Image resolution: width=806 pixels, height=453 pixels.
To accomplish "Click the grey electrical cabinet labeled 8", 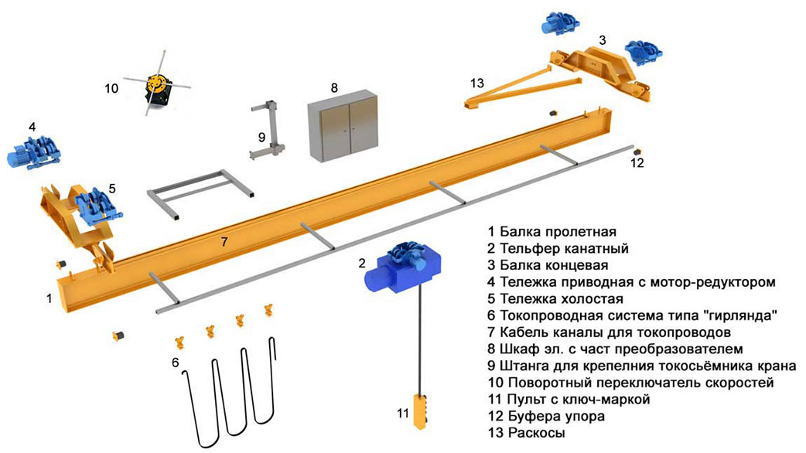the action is (343, 126).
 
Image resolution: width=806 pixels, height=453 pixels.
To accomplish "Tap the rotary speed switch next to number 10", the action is (157, 88).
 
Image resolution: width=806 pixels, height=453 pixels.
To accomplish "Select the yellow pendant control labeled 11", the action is (420, 411).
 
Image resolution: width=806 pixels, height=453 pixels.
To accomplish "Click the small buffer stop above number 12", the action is (637, 152).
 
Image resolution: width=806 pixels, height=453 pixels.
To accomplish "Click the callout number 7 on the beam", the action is (224, 241).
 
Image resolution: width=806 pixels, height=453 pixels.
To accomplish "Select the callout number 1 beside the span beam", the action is (49, 298).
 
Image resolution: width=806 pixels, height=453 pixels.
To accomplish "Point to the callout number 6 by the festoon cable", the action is (176, 363).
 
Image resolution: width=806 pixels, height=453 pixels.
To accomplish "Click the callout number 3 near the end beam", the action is (603, 39).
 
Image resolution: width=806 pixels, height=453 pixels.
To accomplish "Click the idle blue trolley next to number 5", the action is (97, 206).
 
